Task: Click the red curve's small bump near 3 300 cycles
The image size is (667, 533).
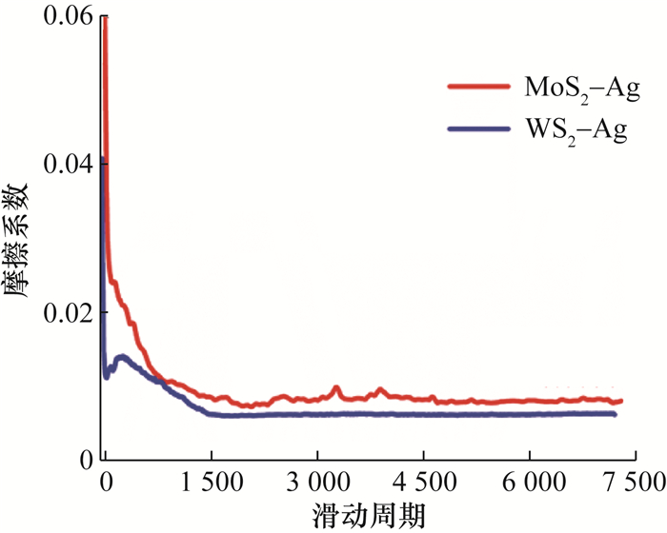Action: pyautogui.click(x=335, y=388)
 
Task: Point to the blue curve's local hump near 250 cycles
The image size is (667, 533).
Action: pyautogui.click(x=122, y=358)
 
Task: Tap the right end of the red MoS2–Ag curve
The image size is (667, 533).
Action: pyautogui.click(x=620, y=402)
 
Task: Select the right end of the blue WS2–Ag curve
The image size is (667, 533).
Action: pyautogui.click(x=615, y=414)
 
